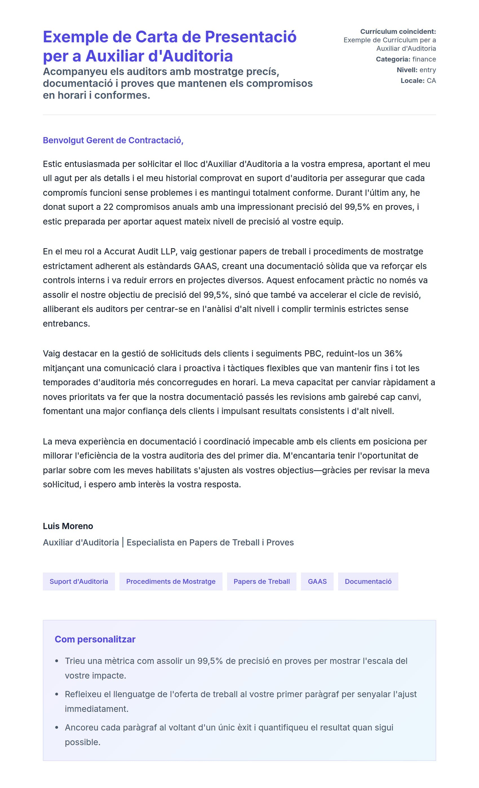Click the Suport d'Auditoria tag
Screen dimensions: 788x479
coord(79,581)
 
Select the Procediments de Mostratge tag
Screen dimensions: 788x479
coord(171,581)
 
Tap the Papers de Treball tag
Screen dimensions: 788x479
coord(261,581)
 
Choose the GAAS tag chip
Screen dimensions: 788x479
coord(317,581)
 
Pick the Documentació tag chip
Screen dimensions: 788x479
coord(368,581)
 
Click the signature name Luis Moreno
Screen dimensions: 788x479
coord(68,526)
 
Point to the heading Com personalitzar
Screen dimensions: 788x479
coord(95,639)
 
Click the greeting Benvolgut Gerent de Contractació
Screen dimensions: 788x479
coord(113,140)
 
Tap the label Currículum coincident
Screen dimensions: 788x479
coord(398,31)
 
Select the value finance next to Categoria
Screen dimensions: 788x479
coord(424,59)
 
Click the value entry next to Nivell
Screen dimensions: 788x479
coord(427,70)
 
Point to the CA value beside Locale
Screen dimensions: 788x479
coord(431,81)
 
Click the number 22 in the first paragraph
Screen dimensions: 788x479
coord(108,207)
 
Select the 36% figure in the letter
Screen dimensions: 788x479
coord(393,353)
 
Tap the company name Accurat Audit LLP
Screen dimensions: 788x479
coord(140,251)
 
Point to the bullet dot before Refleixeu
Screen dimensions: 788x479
coord(57,694)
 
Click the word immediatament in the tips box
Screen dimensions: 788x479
coord(96,709)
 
